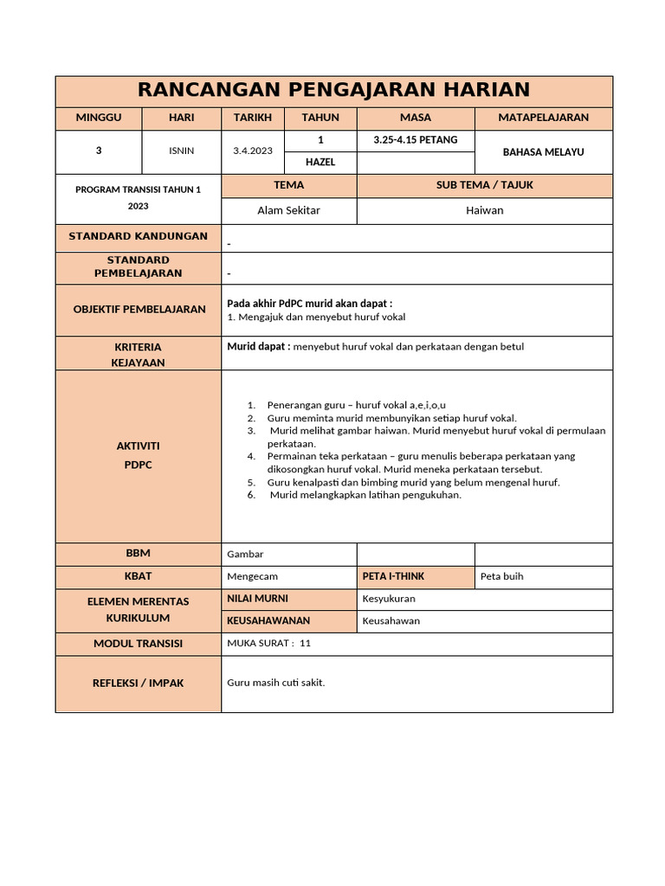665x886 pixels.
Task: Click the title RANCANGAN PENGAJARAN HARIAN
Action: pyautogui.click(x=333, y=90)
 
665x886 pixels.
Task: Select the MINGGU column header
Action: pyautogui.click(x=99, y=118)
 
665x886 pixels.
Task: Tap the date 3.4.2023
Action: pyautogui.click(x=253, y=151)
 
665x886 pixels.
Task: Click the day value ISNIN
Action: pyautogui.click(x=182, y=151)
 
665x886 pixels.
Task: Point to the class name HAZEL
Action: pyautogui.click(x=320, y=162)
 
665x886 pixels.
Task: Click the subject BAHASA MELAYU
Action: pyautogui.click(x=543, y=151)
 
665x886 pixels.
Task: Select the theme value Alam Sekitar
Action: pyautogui.click(x=288, y=210)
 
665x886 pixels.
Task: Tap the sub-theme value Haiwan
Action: pyautogui.click(x=484, y=210)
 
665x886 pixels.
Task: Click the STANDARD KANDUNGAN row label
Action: pyautogui.click(x=139, y=236)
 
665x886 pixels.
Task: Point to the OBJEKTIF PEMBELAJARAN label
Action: pyautogui.click(x=139, y=309)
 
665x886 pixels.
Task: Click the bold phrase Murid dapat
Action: pyautogui.click(x=258, y=346)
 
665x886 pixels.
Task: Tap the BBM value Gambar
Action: pyautogui.click(x=245, y=554)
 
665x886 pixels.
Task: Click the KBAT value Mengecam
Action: pyautogui.click(x=252, y=576)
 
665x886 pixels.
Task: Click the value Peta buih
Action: pyautogui.click(x=501, y=576)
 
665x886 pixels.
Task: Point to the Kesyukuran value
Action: pyautogui.click(x=389, y=599)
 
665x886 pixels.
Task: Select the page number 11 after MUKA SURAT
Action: pyautogui.click(x=305, y=643)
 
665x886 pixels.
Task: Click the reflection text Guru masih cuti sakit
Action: pyautogui.click(x=275, y=683)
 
